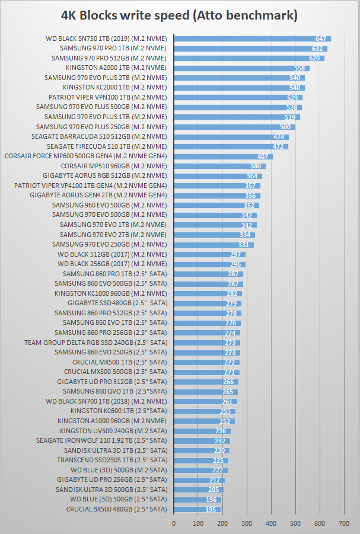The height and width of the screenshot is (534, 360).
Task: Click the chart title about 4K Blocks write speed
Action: click(180, 14)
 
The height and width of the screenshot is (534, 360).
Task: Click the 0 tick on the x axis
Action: click(174, 523)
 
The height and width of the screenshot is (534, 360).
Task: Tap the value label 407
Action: click(263, 156)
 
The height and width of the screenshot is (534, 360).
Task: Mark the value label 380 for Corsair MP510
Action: click(256, 166)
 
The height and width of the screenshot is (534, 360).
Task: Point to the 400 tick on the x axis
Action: click(271, 523)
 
